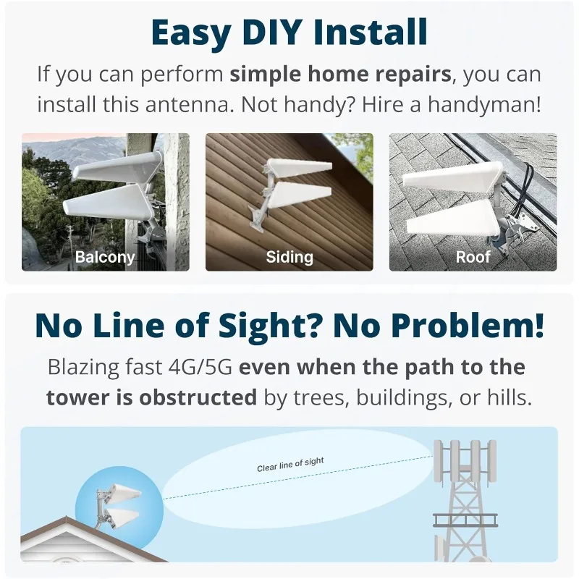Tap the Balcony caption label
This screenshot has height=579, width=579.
105,256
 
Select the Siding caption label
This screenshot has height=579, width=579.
289,256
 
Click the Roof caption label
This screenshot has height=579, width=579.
473,256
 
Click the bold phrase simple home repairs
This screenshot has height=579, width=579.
339,74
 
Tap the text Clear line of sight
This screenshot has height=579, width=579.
290,465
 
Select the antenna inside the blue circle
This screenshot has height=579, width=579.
119,507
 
